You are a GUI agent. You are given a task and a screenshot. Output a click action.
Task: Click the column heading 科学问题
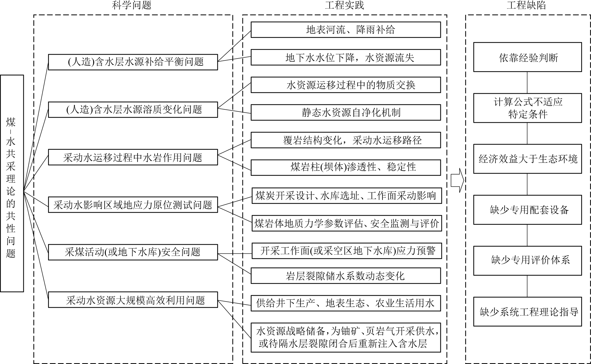pos(132,5)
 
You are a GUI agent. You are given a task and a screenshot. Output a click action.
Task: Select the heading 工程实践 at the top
pos(344,5)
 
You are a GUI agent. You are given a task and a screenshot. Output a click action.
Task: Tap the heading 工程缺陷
pos(526,5)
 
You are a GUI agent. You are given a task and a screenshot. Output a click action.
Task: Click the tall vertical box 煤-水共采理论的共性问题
pos(12,183)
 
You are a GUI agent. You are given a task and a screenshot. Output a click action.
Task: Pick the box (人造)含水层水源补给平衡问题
pos(133,62)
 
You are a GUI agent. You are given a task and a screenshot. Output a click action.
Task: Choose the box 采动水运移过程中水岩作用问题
pos(133,157)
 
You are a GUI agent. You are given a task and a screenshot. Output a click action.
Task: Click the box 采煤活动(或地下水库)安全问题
pos(133,252)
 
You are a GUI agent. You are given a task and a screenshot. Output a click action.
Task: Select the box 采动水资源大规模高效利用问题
pos(133,300)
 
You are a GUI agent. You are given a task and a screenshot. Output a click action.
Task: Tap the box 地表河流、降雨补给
pos(345,30)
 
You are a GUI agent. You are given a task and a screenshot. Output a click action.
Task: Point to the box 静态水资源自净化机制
pos(345,112)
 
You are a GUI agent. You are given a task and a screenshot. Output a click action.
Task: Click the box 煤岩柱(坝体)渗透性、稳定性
pos(345,167)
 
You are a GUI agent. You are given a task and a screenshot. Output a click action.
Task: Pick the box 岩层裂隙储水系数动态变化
pos(345,276)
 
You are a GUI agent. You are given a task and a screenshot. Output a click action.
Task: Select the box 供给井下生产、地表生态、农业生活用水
pos(345,303)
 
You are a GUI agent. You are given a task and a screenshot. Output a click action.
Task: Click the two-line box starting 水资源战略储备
pos(345,337)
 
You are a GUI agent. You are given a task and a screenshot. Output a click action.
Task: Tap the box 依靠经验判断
pos(527,57)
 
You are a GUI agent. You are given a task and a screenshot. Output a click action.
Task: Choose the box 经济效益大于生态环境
pos(527,159)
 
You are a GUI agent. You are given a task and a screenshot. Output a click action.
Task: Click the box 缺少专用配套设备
pos(527,210)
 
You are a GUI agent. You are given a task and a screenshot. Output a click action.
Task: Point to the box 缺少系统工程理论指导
pos(527,311)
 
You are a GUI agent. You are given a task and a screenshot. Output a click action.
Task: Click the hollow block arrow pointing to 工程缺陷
pos(457,180)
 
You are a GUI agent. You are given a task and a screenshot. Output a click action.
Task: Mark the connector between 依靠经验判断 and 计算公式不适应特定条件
pos(527,82)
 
